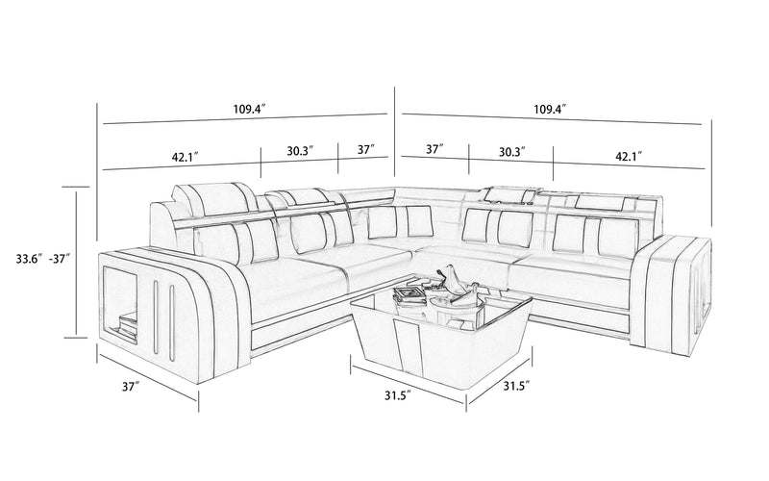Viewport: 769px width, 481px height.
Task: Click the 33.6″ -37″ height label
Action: (x=43, y=259)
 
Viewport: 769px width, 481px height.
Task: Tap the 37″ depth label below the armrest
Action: (x=131, y=387)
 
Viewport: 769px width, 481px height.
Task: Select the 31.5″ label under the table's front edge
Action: (x=397, y=395)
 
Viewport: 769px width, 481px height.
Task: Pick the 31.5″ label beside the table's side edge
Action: (x=516, y=386)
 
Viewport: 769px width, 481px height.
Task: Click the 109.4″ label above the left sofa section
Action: (x=249, y=109)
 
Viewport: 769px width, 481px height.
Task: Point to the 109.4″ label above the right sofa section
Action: (x=550, y=109)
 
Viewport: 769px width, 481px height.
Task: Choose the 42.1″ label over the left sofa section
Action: (x=185, y=157)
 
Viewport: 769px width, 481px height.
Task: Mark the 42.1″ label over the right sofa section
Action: (x=630, y=156)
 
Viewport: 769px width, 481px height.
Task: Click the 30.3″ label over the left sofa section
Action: (x=300, y=150)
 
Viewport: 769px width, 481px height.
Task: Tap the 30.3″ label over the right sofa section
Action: (x=512, y=152)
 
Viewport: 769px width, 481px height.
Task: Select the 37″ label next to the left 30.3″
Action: (x=366, y=149)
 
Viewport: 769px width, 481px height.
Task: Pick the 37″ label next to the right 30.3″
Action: (x=435, y=149)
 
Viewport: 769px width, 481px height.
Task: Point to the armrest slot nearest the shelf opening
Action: (x=155, y=316)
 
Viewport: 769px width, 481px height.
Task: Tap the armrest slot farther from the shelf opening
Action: (x=172, y=321)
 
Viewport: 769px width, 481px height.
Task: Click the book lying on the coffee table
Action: (x=408, y=294)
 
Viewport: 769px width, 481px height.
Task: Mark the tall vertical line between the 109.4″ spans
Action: (x=395, y=131)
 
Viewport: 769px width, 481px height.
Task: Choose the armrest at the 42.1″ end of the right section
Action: (x=671, y=294)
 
